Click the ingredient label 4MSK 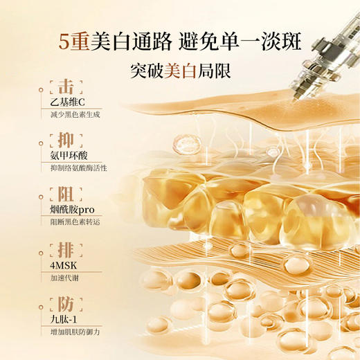coord(66,264)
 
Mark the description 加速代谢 coord(66,276)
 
